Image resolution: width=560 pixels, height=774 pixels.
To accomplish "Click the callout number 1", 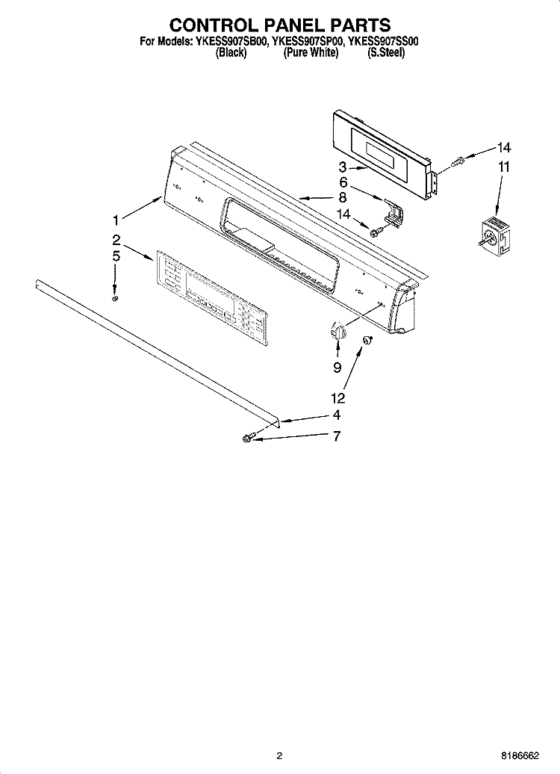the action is pos(116,220).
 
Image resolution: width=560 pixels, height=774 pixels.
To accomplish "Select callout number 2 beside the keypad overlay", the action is pos(116,240).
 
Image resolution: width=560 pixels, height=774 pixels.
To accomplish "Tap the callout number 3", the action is pos(343,168).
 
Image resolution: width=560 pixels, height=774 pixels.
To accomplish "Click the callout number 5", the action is pos(116,256).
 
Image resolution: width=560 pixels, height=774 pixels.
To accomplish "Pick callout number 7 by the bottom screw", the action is pos(336,436).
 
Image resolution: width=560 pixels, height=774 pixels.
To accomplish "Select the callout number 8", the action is pos(343,198).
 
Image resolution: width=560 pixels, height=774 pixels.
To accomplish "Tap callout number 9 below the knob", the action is pos(337,367).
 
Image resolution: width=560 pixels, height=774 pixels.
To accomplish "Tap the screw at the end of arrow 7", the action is pos(249,438).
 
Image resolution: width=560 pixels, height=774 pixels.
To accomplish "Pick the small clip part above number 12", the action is pos(367,341).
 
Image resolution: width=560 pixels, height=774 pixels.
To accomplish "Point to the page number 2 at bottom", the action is pos(279,755).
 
